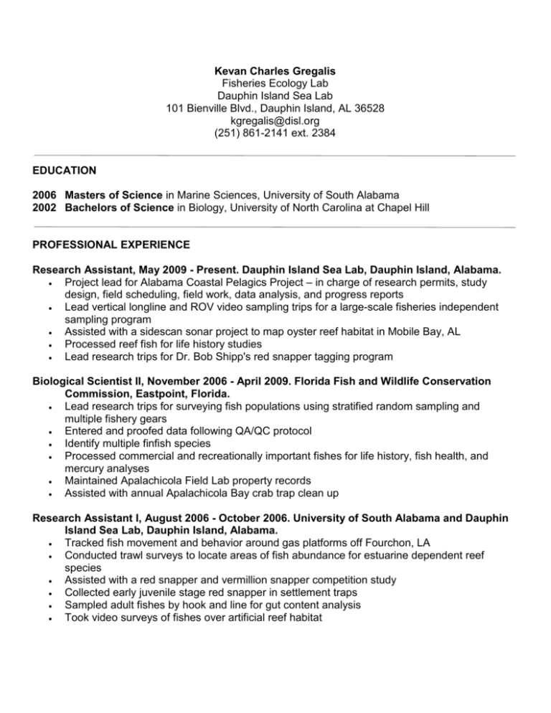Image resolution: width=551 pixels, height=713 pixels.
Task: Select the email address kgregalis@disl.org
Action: click(x=275, y=121)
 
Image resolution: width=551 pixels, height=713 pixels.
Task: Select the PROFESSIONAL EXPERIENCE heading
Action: click(x=111, y=245)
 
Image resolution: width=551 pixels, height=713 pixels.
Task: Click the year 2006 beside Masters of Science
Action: click(x=45, y=194)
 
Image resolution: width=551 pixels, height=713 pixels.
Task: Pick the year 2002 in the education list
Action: click(x=45, y=207)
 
